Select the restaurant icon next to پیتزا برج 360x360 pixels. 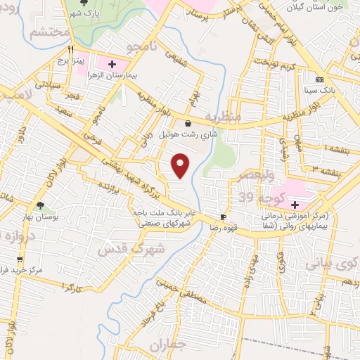[70, 51]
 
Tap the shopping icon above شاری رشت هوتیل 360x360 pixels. [188, 123]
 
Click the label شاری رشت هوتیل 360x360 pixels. [188, 133]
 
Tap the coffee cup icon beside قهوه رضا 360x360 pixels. [223, 217]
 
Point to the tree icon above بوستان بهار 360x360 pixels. [39, 206]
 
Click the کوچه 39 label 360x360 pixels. [255, 195]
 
